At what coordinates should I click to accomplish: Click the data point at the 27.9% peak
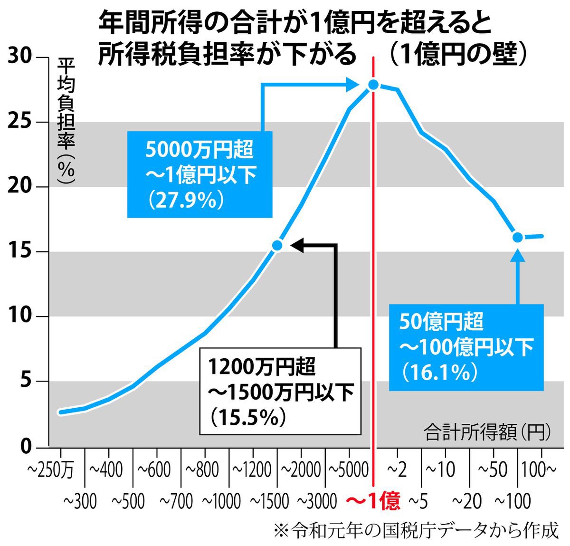point(373,85)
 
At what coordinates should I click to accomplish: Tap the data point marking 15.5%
point(277,245)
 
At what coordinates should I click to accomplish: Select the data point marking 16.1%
point(518,237)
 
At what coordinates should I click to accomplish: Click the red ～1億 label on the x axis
point(373,501)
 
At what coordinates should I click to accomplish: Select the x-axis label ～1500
point(269,501)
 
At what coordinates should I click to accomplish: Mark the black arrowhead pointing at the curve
point(297,245)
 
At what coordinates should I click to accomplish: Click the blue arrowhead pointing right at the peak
point(352,85)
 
